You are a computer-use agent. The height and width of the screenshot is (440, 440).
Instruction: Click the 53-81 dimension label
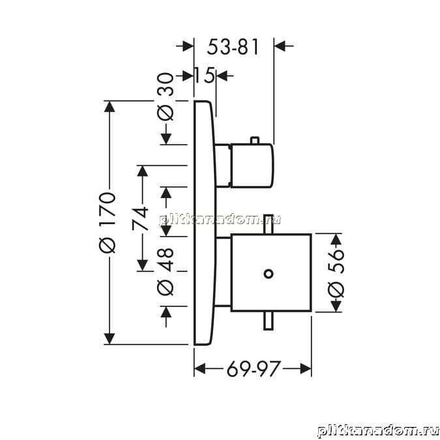[233, 47]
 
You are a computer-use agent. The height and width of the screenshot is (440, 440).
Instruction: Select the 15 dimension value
[204, 75]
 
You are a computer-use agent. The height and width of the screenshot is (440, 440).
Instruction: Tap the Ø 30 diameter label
[166, 97]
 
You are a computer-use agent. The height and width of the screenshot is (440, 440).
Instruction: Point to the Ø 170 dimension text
[107, 222]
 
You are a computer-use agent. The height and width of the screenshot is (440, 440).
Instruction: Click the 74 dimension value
[140, 218]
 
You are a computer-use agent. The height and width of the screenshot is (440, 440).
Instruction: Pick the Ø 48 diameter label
[166, 271]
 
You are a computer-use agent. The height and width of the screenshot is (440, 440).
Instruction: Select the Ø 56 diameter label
[336, 273]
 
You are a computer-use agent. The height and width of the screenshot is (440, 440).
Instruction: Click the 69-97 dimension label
[254, 369]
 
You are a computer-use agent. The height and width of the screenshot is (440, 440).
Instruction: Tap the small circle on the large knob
[269, 274]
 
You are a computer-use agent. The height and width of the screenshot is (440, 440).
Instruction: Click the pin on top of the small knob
[254, 140]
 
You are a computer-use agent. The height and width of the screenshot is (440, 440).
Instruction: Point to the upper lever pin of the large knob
[269, 224]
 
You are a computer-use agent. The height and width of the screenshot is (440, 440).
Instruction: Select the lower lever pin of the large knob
[269, 321]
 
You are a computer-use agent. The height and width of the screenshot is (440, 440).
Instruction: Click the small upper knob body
[252, 166]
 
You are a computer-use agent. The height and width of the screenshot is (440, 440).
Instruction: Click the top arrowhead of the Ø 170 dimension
[110, 106]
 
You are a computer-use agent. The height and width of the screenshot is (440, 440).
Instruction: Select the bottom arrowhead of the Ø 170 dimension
[110, 339]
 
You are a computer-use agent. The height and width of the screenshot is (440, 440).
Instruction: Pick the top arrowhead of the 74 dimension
[143, 171]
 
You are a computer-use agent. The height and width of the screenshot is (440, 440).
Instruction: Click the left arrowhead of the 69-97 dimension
[200, 369]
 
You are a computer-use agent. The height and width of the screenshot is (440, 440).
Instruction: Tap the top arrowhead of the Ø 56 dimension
[336, 239]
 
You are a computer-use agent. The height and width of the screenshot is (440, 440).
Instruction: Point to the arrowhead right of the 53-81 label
[280, 46]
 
